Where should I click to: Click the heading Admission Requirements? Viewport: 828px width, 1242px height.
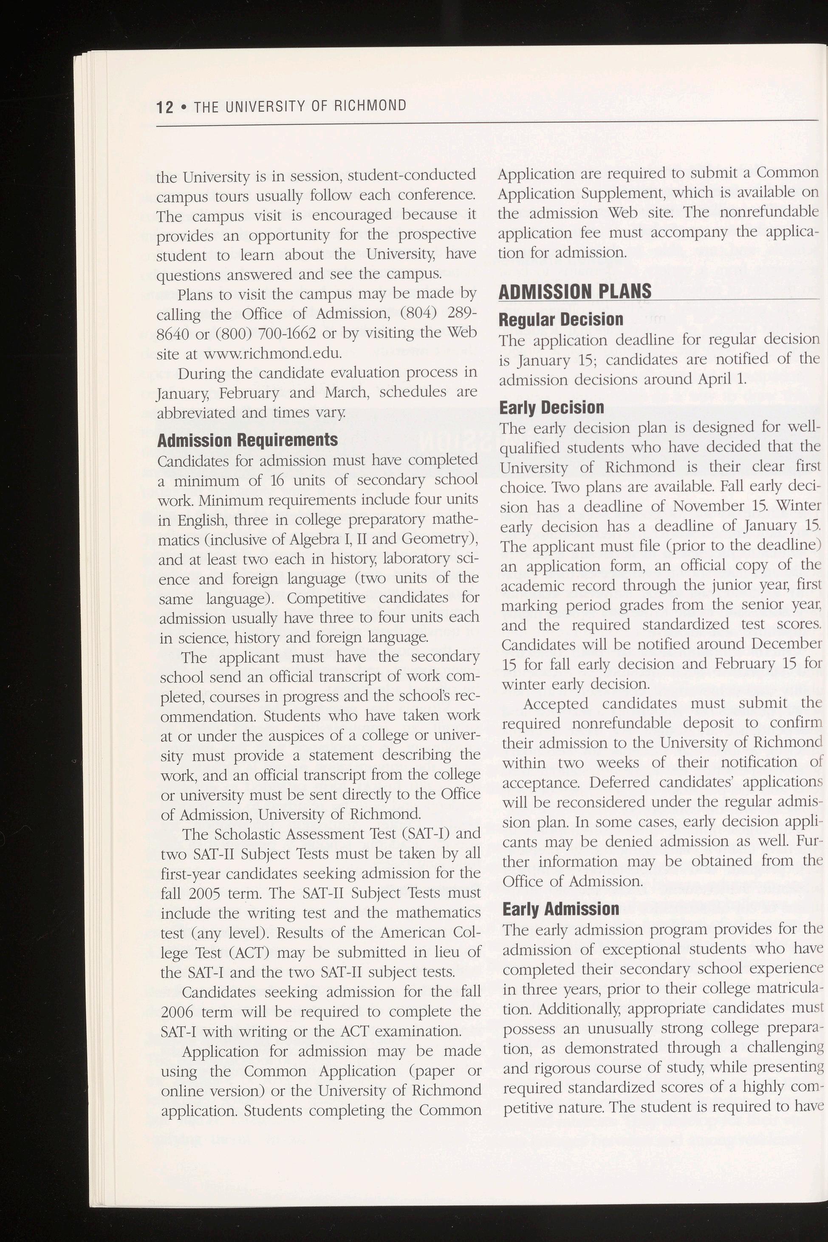248,440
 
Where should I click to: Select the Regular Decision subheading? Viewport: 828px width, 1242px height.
561,320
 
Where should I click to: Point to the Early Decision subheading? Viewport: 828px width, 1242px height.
551,408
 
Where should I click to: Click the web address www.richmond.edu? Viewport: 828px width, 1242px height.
272,353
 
